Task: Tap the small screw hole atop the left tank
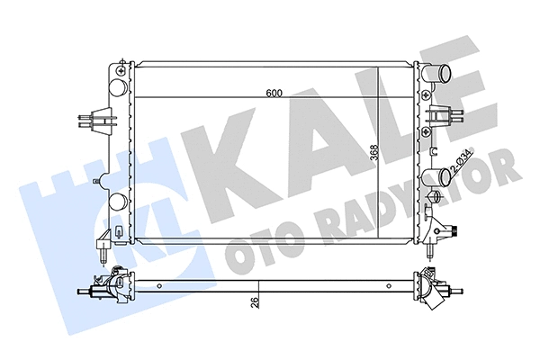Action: (121, 66)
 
